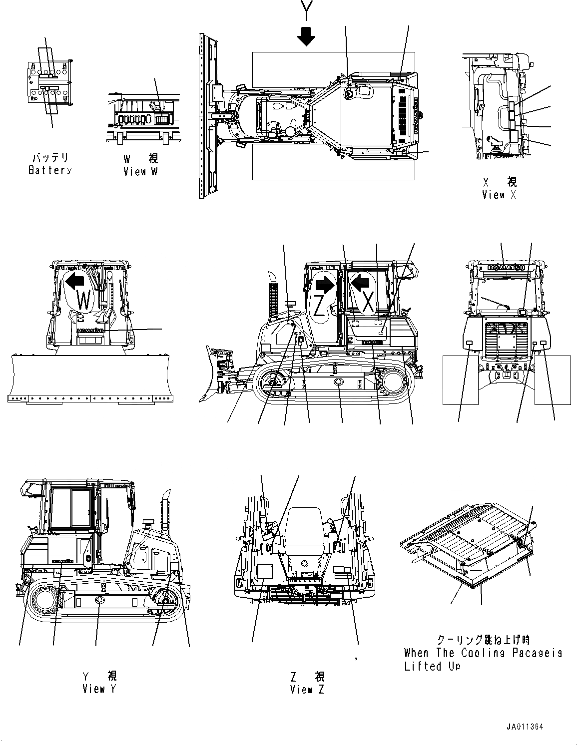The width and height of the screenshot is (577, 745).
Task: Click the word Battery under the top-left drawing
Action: pyautogui.click(x=50, y=170)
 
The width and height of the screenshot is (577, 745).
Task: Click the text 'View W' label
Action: pyautogui.click(x=141, y=171)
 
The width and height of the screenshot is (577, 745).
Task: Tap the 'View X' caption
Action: pyautogui.click(x=499, y=195)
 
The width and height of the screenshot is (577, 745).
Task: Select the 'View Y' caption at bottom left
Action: pyautogui.click(x=99, y=689)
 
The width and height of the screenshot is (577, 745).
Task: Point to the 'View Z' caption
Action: pyautogui.click(x=307, y=690)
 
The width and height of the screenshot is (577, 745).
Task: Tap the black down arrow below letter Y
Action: pyautogui.click(x=306, y=35)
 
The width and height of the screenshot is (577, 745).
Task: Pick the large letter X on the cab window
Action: pyautogui.click(x=368, y=303)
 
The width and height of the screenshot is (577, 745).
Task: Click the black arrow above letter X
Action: pyautogui.click(x=360, y=284)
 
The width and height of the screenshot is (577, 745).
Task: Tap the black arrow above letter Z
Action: pyautogui.click(x=325, y=285)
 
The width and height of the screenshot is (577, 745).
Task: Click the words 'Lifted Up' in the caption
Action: pyautogui.click(x=432, y=666)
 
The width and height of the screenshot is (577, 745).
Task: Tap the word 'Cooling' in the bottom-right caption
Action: pyautogui.click(x=475, y=653)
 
